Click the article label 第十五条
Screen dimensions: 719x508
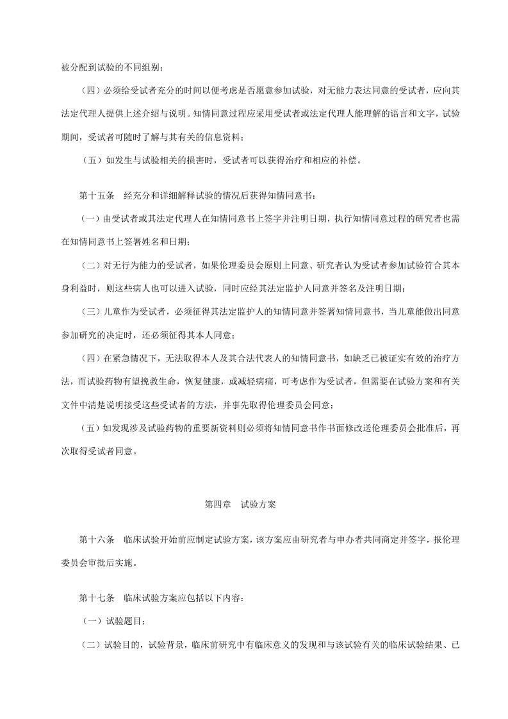(96, 195)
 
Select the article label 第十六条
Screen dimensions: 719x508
(96, 540)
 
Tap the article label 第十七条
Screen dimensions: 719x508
(96, 598)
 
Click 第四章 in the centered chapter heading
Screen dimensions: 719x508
(217, 504)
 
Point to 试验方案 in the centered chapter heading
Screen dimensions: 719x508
(258, 504)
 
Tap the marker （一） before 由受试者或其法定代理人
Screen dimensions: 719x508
(90, 218)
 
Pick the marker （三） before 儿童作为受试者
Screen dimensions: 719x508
(90, 311)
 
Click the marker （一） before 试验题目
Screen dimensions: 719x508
(90, 621)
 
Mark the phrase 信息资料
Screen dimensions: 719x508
(223, 137)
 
